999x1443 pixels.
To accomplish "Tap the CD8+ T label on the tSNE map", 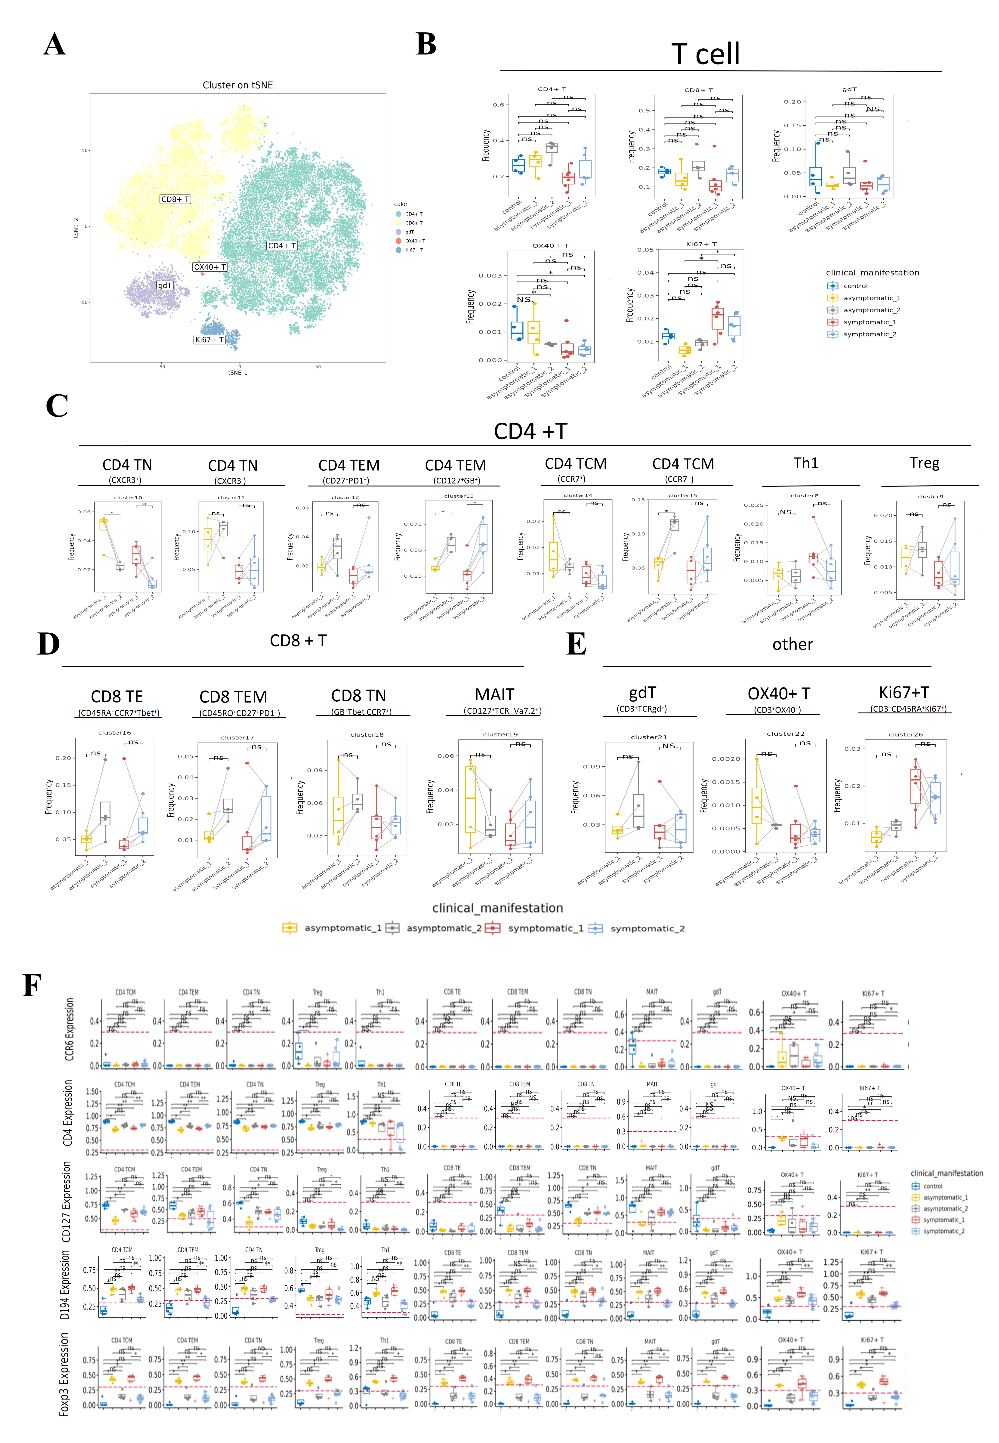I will (x=175, y=199).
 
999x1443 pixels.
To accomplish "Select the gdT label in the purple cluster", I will (x=165, y=285).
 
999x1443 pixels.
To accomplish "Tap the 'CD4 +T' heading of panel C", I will (x=530, y=431).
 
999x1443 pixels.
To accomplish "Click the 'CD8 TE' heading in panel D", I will (x=117, y=697).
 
